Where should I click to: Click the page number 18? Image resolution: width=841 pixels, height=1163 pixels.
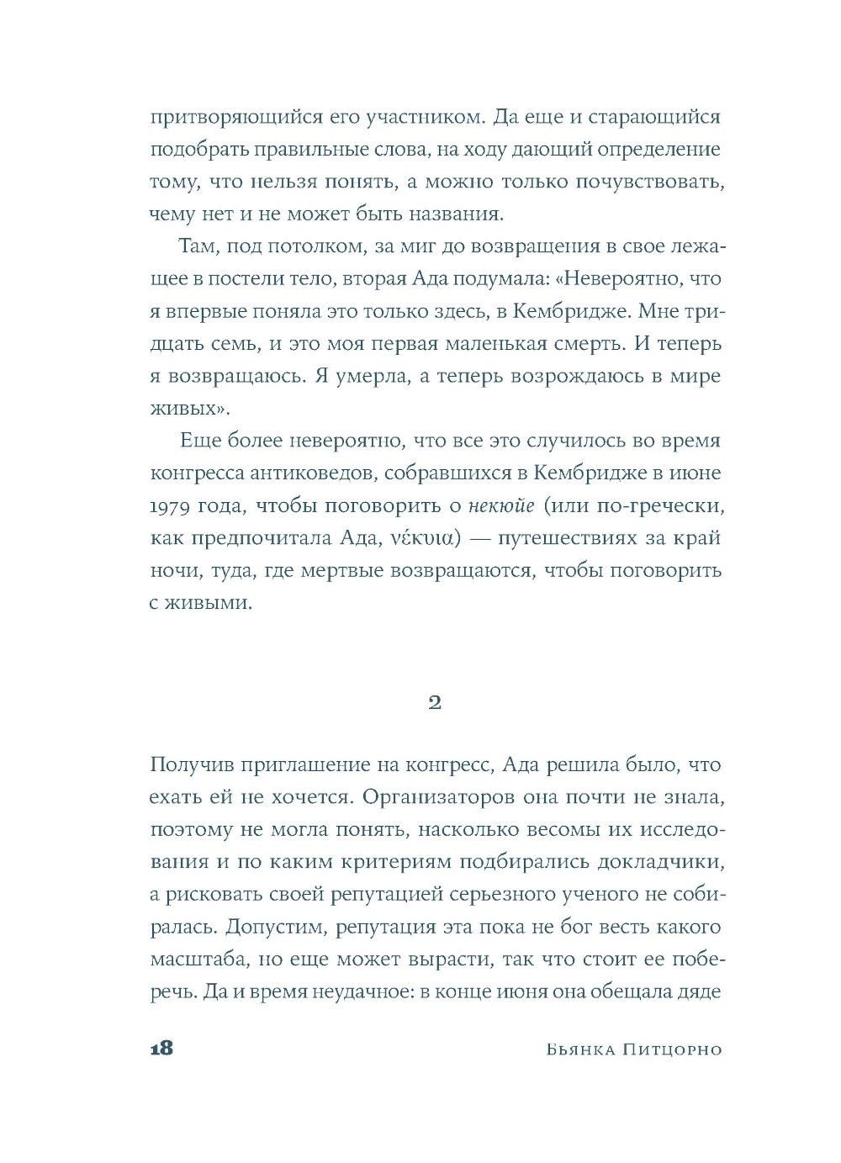[161, 1048]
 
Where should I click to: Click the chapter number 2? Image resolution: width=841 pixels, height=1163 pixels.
[435, 702]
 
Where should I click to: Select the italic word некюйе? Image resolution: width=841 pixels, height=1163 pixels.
[502, 505]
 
